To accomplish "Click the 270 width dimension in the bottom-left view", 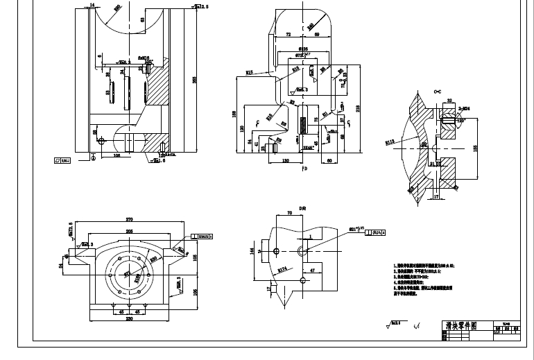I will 129,220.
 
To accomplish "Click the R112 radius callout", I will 390,142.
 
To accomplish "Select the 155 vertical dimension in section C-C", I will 476,147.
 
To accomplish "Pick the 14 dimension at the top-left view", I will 92,5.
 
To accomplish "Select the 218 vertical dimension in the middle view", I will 357,108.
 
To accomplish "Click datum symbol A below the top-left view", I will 92,157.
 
